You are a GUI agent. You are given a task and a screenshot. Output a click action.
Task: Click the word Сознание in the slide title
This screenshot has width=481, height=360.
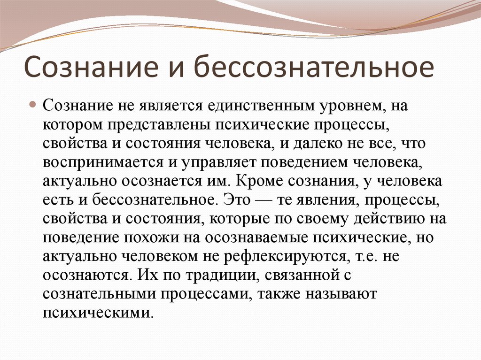91,67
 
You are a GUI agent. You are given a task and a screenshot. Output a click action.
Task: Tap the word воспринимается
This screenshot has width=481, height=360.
103,163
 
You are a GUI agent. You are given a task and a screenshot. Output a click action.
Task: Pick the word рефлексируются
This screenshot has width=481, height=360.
285,257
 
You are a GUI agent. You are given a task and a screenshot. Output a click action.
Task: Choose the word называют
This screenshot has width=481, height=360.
341,295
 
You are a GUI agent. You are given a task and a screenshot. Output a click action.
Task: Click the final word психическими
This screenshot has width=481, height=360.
98,314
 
